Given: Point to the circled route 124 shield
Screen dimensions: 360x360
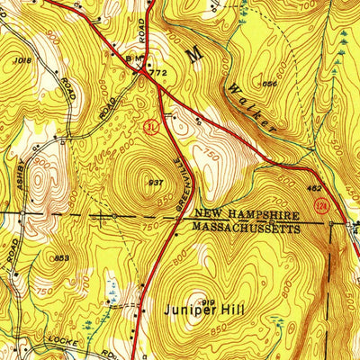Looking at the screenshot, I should point(320,208).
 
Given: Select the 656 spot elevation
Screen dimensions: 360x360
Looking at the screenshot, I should point(267,84).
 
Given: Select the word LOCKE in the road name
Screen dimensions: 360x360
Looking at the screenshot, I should point(58,345).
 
